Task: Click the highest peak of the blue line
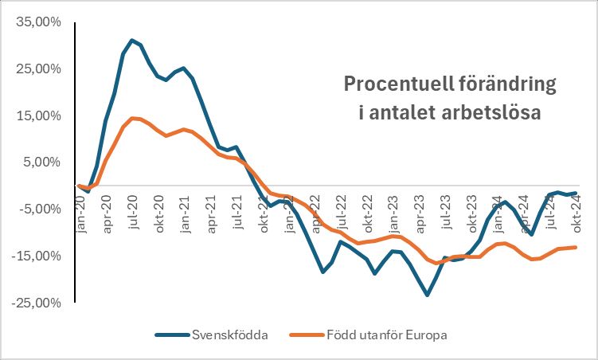132,40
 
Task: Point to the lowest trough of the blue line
427,295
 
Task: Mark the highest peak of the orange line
132,118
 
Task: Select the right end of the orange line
576,247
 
